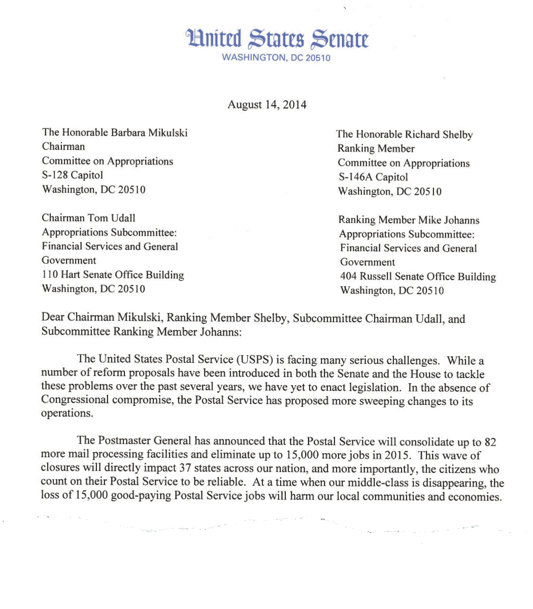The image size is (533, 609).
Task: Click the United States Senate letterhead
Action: [277, 39]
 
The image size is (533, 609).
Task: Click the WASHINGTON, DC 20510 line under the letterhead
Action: [276, 58]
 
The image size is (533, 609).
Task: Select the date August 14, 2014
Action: [266, 105]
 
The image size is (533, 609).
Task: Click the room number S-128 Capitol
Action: [72, 175]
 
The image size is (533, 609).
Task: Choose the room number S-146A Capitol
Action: [373, 177]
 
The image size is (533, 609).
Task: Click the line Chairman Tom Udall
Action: [88, 218]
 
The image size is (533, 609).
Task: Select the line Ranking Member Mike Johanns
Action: [409, 220]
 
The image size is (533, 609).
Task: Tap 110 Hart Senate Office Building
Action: [113, 275]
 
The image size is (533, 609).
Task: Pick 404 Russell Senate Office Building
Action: [418, 277]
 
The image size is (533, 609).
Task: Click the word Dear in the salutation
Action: [53, 318]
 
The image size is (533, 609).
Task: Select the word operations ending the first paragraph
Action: [66, 413]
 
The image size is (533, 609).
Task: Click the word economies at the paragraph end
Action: [474, 496]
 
